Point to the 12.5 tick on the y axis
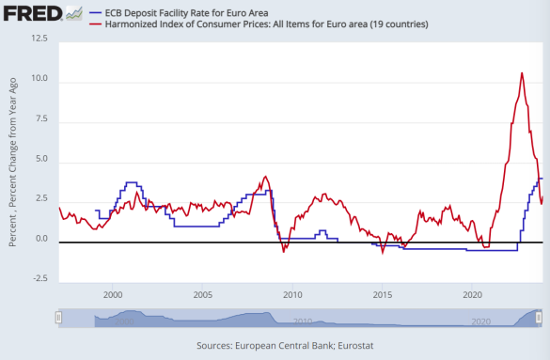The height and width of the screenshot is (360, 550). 39,39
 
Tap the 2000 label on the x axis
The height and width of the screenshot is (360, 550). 113,293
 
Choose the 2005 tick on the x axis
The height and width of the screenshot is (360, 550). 202,293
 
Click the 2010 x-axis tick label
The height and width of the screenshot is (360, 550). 292,293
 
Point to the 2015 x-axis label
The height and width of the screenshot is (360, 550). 383,293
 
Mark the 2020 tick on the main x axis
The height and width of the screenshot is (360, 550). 473,293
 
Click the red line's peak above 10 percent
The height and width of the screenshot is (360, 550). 522,73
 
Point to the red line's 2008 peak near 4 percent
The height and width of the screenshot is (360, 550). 266,177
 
